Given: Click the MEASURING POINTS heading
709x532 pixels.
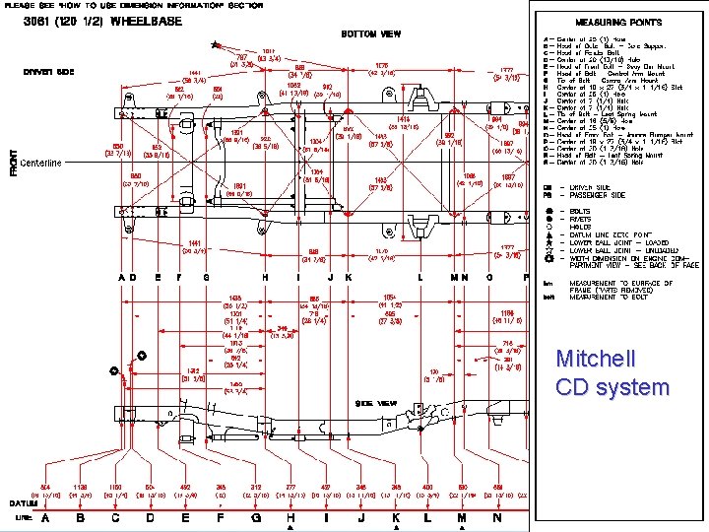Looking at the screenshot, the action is pyautogui.click(x=618, y=22).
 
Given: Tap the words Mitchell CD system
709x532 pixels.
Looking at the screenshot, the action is pyautogui.click(x=612, y=372).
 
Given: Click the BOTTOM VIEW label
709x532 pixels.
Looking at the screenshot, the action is pyautogui.click(x=370, y=33).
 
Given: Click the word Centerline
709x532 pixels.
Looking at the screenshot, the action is pyautogui.click(x=39, y=163).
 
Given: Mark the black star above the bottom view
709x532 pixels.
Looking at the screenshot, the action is pyautogui.click(x=216, y=44).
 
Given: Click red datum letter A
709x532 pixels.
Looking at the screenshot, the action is pyautogui.click(x=45, y=517).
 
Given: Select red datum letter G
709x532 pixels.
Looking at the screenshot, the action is pyautogui.click(x=255, y=517).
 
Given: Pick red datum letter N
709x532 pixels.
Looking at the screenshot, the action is pyautogui.click(x=497, y=517).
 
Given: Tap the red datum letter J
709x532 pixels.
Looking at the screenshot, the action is pyautogui.click(x=360, y=517).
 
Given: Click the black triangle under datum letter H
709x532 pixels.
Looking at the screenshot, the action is pyautogui.click(x=290, y=528).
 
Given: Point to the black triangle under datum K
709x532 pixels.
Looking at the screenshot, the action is pyautogui.click(x=396, y=528).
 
